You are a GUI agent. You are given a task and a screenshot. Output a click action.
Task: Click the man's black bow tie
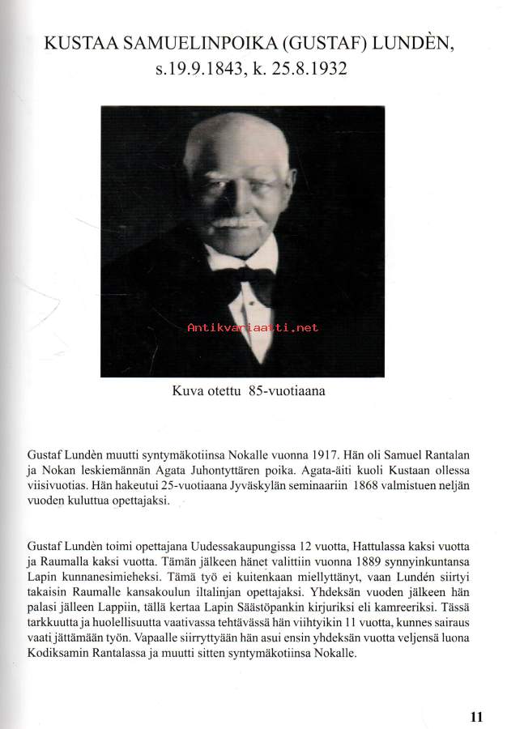tap(243, 280)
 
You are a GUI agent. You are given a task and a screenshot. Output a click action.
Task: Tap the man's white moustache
tap(237, 222)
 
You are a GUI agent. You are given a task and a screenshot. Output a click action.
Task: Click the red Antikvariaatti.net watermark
tap(253, 328)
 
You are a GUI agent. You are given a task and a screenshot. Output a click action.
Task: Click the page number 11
tap(476, 716)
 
